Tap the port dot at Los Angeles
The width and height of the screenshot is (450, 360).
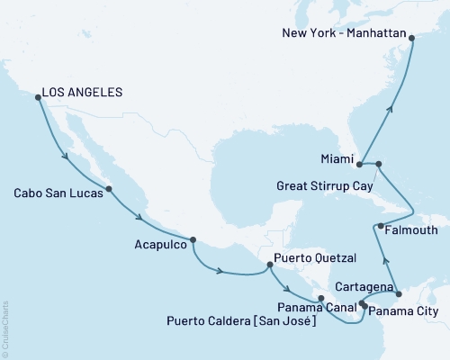pos(36,97)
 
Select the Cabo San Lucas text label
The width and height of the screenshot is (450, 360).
pos(56,192)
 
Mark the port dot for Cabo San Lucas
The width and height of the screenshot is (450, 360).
pos(109,189)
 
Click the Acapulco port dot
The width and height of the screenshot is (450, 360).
pos(193,239)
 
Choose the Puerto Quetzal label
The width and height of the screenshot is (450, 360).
pos(312,256)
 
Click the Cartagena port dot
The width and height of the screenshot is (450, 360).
pos(399,292)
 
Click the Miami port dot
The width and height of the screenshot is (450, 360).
pos(359,164)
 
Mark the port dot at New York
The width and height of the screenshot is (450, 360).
pos(411,38)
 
